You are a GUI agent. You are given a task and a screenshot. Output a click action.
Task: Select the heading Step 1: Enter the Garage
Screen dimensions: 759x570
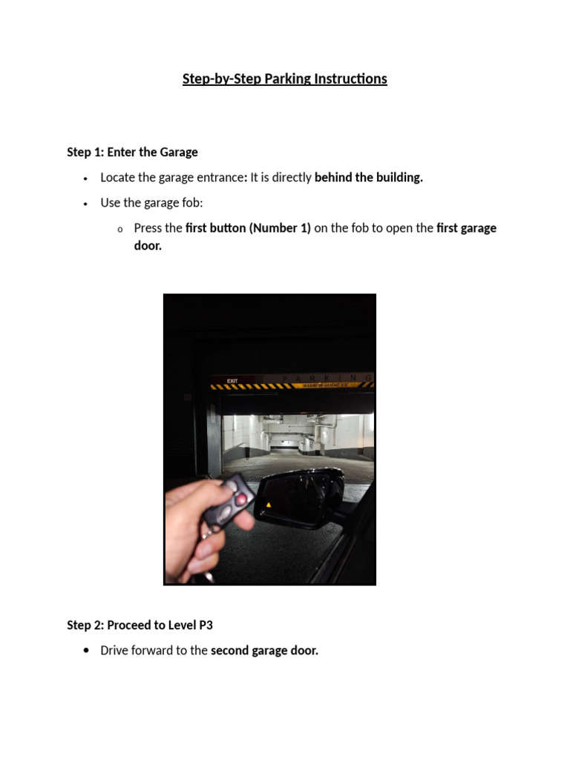[x=132, y=152]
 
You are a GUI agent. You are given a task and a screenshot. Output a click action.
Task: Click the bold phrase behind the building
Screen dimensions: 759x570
[x=368, y=178]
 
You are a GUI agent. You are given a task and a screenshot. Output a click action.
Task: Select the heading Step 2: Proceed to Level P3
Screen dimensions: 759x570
[x=140, y=625]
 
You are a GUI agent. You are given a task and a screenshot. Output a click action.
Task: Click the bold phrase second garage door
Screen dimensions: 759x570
[x=264, y=651]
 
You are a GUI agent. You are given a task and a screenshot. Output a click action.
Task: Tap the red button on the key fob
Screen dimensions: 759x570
[x=241, y=500]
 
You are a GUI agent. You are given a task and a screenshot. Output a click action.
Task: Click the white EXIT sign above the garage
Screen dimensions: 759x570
[x=232, y=380]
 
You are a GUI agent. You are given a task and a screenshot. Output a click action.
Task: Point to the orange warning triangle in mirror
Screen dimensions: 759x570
[x=268, y=506]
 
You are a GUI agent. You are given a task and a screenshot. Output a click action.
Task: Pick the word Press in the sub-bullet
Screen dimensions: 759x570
[x=148, y=228]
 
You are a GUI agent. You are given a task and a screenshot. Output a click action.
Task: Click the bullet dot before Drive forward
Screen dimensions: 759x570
[x=87, y=651]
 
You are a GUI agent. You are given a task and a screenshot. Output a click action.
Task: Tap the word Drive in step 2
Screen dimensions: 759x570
[x=117, y=651]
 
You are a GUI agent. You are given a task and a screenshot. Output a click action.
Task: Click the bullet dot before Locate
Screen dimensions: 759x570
[x=87, y=179]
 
